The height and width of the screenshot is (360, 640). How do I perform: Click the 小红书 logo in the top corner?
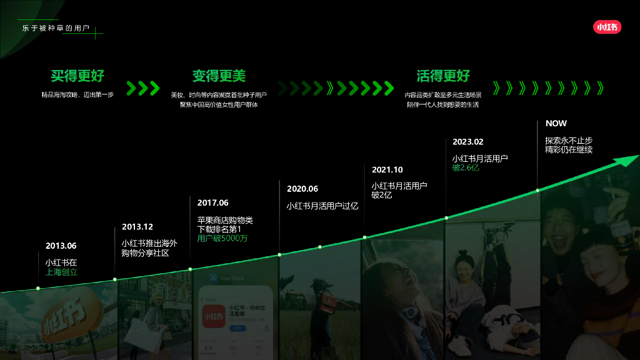607,27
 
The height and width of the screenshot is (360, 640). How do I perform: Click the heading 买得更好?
77,76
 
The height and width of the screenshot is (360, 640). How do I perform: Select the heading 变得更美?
219,76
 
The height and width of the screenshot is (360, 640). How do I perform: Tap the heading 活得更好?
443,76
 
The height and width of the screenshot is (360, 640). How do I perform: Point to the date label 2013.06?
61,246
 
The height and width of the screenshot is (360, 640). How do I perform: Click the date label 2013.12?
137,227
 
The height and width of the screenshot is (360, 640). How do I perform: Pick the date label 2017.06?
212,202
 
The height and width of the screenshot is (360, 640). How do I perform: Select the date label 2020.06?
302,189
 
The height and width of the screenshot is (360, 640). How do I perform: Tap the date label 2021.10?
387,169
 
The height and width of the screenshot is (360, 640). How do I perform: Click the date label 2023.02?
468,142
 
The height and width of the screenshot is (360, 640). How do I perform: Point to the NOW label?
556,124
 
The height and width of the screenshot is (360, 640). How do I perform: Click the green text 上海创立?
61,272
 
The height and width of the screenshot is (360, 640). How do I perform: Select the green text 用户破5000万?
222,238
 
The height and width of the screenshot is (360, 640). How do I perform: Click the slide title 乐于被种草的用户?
56,29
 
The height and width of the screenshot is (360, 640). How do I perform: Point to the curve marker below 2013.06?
38,288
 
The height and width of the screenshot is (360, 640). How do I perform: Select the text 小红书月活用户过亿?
322,206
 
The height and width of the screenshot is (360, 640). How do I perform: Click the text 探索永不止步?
569,141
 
